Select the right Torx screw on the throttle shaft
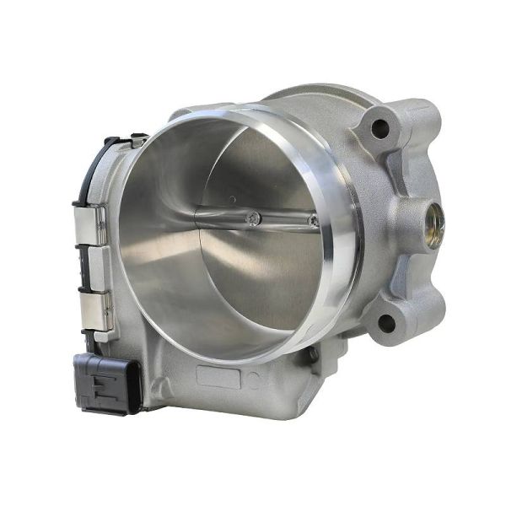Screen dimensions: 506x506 pos(313,222)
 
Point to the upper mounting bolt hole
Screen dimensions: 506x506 pos(379,129)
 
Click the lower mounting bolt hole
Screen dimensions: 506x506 pos(386,322)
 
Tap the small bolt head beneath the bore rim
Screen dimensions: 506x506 pos(313,355)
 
